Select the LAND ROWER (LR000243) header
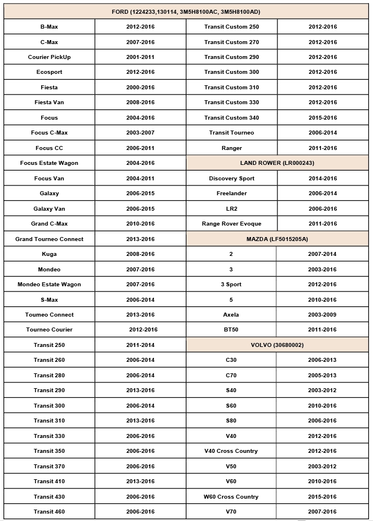pyautogui.click(x=277, y=163)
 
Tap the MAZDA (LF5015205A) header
pyautogui.click(x=277, y=239)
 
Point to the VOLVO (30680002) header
pyautogui.click(x=277, y=345)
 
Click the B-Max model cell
pyautogui.click(x=49, y=27)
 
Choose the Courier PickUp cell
pyautogui.click(x=49, y=57)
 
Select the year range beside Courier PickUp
pyautogui.click(x=140, y=57)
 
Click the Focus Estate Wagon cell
pyautogui.click(x=49, y=163)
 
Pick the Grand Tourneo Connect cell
pyautogui.click(x=49, y=239)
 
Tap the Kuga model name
pyautogui.click(x=49, y=254)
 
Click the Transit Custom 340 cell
pyautogui.click(x=231, y=118)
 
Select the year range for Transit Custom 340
pyautogui.click(x=323, y=118)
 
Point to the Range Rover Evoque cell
pyautogui.click(x=231, y=224)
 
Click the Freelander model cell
pyautogui.click(x=231, y=194)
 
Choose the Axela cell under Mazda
pyautogui.click(x=231, y=315)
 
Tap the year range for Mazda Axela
pyautogui.click(x=322, y=315)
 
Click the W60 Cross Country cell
pyautogui.click(x=231, y=497)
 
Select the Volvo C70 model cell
pyautogui.click(x=231, y=376)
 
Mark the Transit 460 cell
pyautogui.click(x=49, y=512)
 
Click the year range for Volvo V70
pyautogui.click(x=322, y=512)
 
